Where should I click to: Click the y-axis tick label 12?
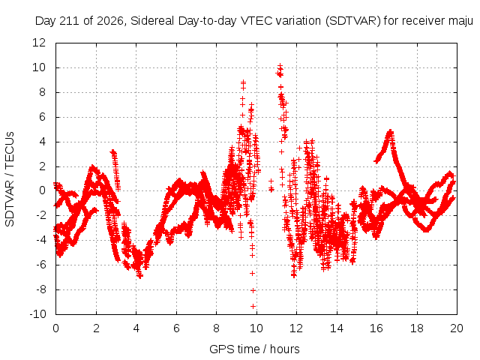[39, 43]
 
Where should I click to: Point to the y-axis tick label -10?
[37, 314]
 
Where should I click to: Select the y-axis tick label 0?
[42, 190]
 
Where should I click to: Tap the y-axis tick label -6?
[40, 265]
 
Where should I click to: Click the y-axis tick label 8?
[42, 92]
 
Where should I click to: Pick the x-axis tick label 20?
[457, 328]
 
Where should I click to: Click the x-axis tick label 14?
[337, 328]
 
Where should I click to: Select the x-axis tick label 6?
[176, 328]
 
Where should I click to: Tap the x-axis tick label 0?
[55, 328]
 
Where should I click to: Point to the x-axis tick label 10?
[256, 328]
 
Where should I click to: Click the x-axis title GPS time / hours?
[254, 349]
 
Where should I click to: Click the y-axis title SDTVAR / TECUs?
[10, 179]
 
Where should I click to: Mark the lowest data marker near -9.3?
[253, 306]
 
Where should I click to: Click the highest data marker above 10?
[280, 66]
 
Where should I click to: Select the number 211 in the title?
[70, 21]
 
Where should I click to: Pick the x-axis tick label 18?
[417, 328]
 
